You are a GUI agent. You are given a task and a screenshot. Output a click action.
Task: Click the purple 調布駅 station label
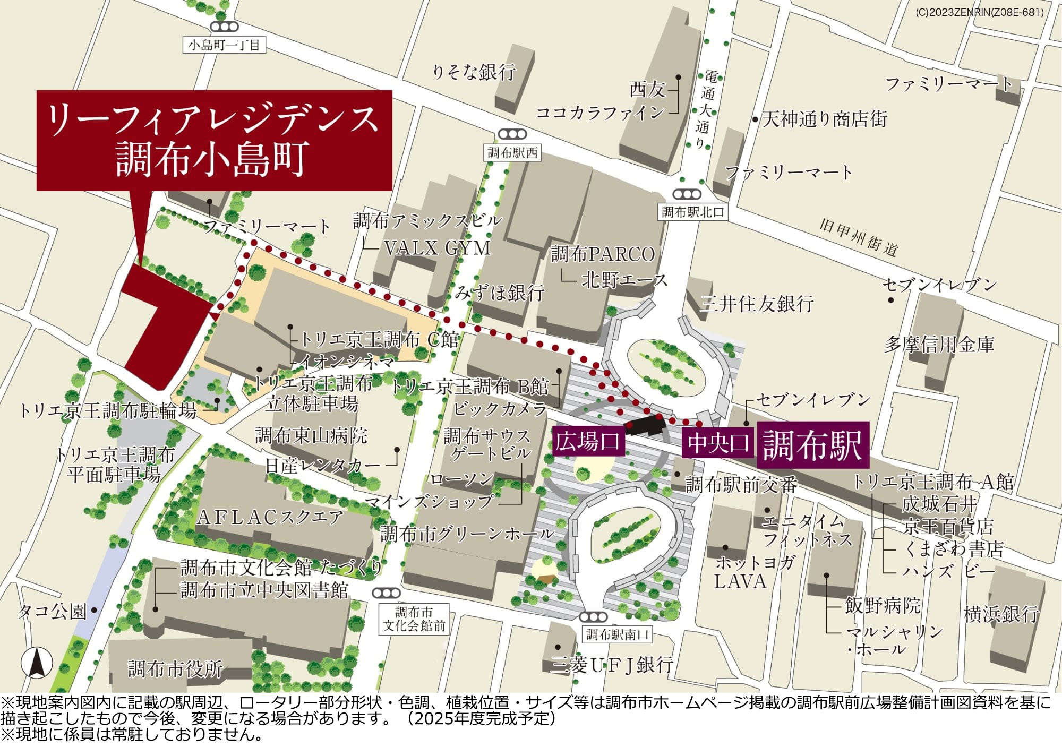tap(812, 445)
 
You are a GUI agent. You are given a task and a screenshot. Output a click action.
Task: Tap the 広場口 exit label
tap(588, 441)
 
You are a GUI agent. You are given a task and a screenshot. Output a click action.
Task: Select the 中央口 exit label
tap(718, 442)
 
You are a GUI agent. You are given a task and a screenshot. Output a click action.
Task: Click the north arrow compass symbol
tap(37, 663)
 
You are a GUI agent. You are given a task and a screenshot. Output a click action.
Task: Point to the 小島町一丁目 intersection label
tap(224, 45)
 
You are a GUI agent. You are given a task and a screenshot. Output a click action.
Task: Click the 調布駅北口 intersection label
tap(693, 212)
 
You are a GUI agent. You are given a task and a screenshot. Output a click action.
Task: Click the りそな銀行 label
tap(474, 72)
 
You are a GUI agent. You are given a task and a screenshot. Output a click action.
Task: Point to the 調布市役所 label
tap(175, 669)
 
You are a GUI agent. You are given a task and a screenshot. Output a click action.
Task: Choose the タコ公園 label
tap(52, 612)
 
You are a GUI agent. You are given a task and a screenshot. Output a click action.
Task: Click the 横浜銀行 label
tap(1001, 614)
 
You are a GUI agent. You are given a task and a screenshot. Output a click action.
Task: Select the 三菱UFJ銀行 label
tap(612, 665)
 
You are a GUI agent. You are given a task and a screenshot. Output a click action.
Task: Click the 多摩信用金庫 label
tap(938, 344)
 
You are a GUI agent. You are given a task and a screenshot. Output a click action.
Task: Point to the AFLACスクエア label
tap(270, 517)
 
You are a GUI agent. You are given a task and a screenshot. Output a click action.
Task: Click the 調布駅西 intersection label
tap(512, 153)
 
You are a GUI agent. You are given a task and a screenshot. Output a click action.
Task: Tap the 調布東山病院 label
tap(311, 436)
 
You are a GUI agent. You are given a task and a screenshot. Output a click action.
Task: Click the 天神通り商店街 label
tap(824, 119)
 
